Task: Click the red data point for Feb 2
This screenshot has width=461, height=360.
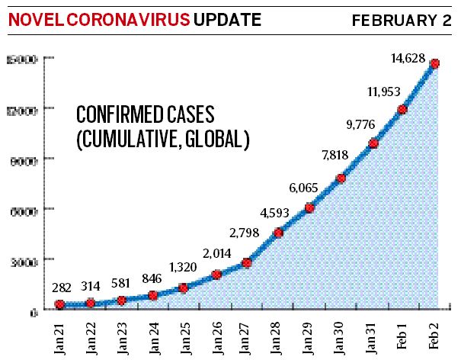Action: [434, 64]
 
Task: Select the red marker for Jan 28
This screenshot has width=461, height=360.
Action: [278, 233]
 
